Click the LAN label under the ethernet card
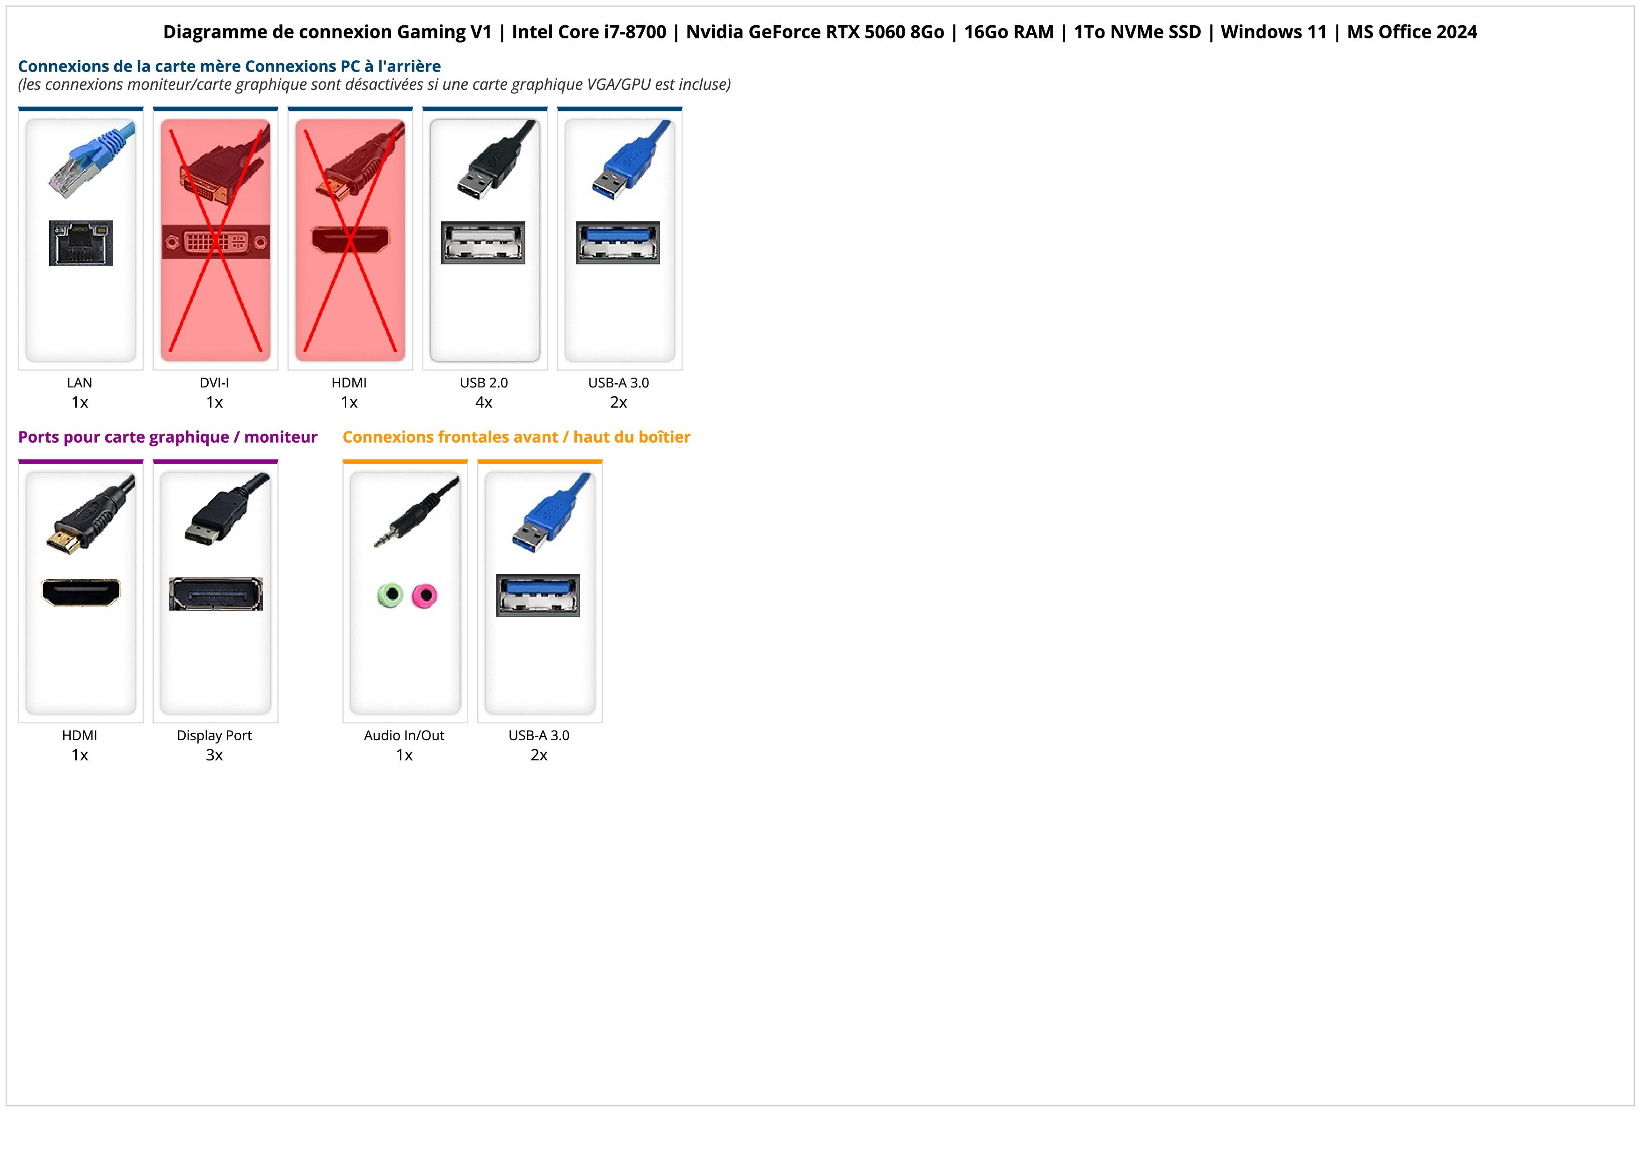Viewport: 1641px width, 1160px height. click(80, 383)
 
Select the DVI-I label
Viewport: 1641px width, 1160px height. click(214, 383)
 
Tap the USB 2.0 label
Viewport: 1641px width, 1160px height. click(484, 383)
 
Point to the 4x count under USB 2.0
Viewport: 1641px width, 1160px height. click(484, 402)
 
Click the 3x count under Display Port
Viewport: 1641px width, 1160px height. click(214, 755)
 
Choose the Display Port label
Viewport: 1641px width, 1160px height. click(214, 736)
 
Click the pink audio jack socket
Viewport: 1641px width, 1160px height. click(425, 595)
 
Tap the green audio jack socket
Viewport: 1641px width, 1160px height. click(390, 595)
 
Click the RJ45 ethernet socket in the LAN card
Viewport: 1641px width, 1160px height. click(81, 244)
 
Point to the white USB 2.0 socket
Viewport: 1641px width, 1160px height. click(483, 243)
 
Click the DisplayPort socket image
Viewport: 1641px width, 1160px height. click(216, 594)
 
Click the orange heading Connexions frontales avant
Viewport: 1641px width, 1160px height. click(516, 438)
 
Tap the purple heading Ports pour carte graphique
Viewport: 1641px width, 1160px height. click(167, 438)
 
